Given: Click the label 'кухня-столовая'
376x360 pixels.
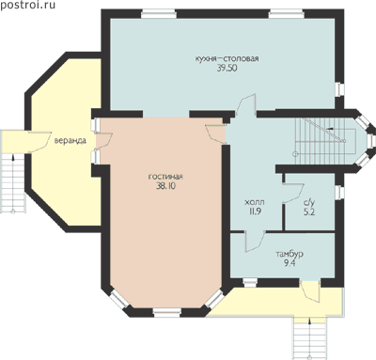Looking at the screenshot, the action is tap(227, 58).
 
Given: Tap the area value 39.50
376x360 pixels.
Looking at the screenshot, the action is tap(227, 68).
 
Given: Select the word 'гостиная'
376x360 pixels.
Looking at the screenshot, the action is tap(165, 177).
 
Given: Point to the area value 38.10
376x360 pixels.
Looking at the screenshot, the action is tap(165, 186).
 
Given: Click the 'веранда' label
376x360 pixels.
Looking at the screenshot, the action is tap(70, 141).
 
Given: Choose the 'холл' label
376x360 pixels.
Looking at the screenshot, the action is tap(254, 202).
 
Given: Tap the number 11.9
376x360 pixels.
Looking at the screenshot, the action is tap(255, 211).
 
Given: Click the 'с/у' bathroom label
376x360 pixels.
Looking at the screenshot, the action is tap(309, 202).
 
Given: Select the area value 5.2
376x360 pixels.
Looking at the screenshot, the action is tap(309, 211).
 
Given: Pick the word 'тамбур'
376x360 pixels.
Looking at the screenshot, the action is tap(290, 254).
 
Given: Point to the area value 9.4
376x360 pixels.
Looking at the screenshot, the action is tap(290, 263).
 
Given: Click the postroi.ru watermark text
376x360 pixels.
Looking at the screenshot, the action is tap(28, 6).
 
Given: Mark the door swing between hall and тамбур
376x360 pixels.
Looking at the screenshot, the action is tap(255, 241).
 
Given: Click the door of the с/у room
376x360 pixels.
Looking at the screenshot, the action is tap(293, 194).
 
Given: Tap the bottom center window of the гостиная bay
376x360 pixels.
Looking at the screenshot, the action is tap(167, 312).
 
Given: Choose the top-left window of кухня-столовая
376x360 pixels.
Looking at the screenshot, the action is tap(158, 13).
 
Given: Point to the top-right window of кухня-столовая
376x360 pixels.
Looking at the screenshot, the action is tap(287, 13).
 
